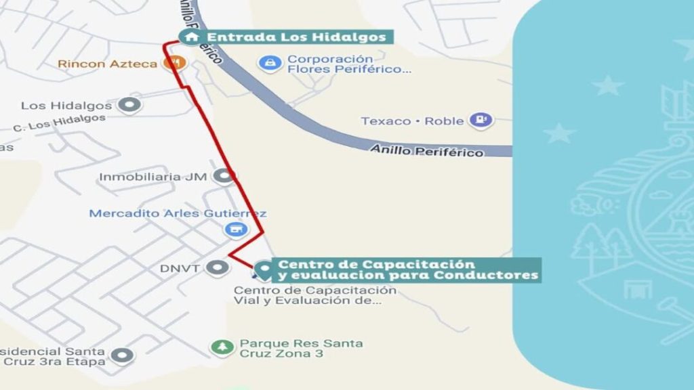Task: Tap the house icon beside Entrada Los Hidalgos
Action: tap(192, 37)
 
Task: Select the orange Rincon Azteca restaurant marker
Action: tap(175, 63)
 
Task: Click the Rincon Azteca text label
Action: tap(108, 64)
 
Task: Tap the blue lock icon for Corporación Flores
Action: tap(270, 63)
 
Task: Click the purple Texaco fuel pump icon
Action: tap(481, 121)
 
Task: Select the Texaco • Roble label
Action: tap(412, 121)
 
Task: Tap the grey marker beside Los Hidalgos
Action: tap(129, 105)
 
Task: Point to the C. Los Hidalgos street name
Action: tap(60, 123)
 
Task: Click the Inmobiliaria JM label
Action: tap(152, 177)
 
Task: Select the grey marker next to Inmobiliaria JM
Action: tap(223, 177)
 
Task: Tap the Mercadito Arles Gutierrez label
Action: tap(178, 213)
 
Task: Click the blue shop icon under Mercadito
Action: tap(236, 230)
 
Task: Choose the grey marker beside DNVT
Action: tap(218, 268)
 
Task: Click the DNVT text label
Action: tap(180, 268)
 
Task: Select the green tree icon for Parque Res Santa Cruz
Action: tap(222, 347)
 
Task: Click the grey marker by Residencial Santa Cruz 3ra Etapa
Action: tap(123, 355)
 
